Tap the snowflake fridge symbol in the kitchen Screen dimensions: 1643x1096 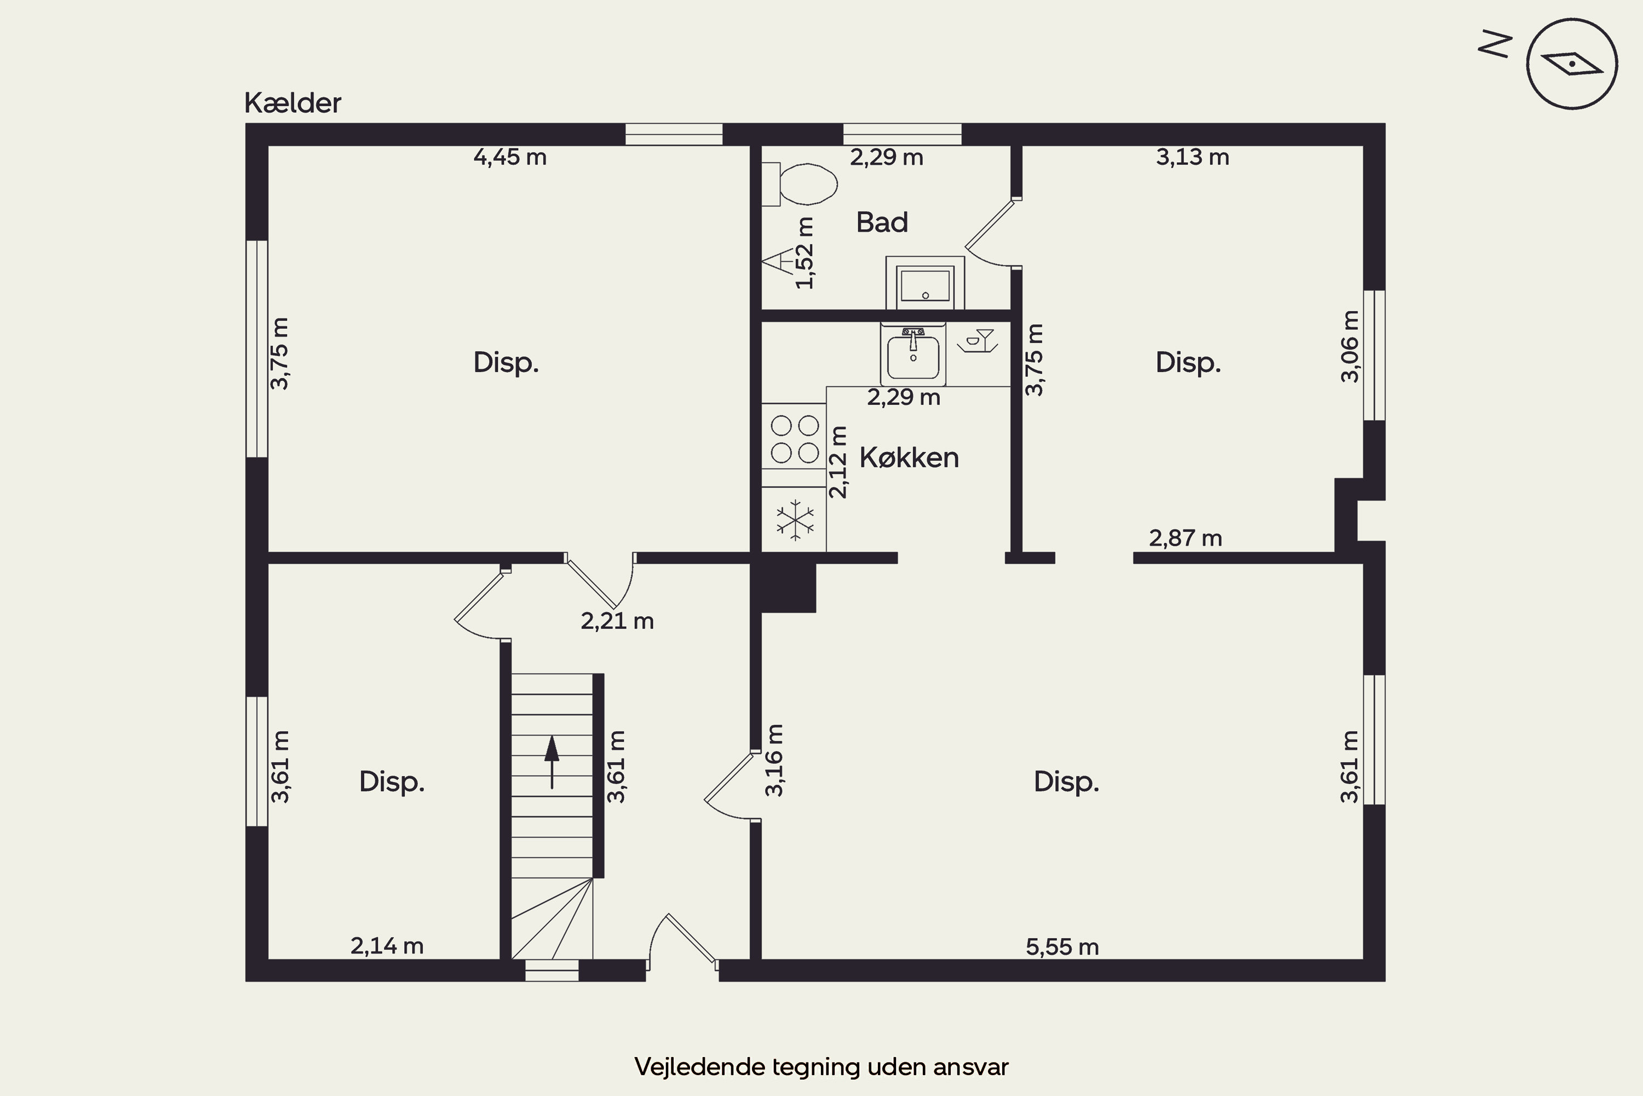pos(795,520)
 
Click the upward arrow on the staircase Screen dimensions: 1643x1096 pos(552,762)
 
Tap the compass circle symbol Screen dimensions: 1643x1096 pos(1572,64)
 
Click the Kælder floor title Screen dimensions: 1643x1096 pos(292,103)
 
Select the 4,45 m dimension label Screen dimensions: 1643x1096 pos(510,157)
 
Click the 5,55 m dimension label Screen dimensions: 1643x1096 pos(1062,947)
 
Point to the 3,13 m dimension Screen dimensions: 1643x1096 pos(1192,157)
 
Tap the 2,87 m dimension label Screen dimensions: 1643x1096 pos(1186,538)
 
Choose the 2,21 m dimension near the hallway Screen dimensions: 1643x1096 pos(617,621)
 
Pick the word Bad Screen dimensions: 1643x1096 pos(882,222)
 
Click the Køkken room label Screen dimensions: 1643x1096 pos(909,458)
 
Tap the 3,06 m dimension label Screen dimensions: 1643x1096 pos(1351,346)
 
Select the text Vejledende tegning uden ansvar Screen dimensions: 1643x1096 pos(821,1066)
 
